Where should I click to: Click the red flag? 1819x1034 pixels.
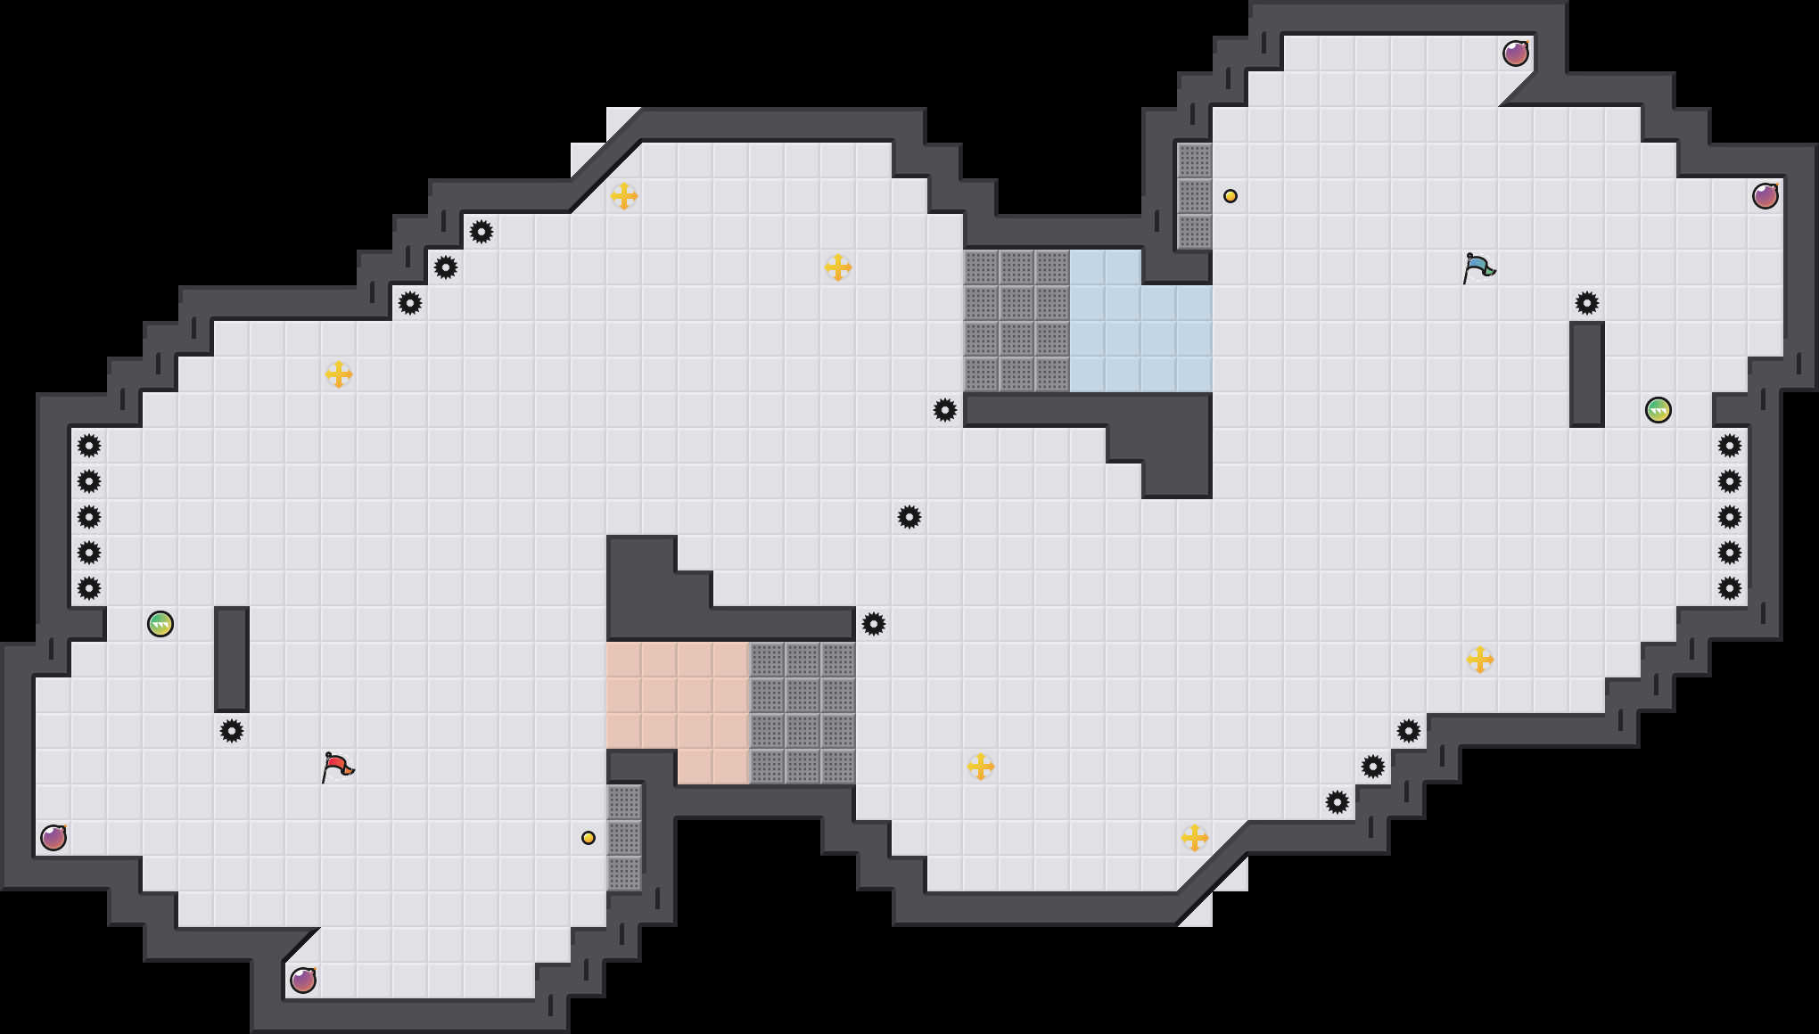tap(337, 767)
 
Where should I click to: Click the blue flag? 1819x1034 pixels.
tap(1478, 267)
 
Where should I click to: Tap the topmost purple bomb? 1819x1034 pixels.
tap(1516, 53)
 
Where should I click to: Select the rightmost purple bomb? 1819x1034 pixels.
tap(1765, 196)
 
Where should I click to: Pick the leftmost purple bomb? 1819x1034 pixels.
tap(53, 838)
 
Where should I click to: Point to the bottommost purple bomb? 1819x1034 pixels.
tap(303, 981)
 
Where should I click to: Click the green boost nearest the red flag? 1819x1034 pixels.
tap(160, 624)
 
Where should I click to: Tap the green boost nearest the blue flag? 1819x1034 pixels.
tap(1658, 410)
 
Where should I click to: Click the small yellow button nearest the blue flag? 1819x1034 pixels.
tap(1230, 196)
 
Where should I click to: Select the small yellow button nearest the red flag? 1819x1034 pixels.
tap(588, 838)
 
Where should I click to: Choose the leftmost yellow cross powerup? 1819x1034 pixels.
tap(339, 374)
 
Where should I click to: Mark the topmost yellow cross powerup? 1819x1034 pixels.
tap(624, 196)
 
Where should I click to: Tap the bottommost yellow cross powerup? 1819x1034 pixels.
tap(1195, 838)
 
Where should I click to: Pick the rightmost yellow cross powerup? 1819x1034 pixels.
tap(1480, 660)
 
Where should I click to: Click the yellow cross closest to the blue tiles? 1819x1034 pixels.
tap(838, 267)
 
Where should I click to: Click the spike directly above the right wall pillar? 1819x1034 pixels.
tap(1587, 303)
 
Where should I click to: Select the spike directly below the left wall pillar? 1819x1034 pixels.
tap(232, 731)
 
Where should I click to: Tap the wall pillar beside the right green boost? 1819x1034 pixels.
tap(1587, 374)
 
